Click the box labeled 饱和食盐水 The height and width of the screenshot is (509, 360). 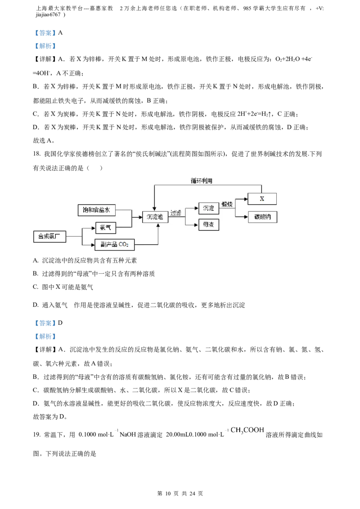click(97, 210)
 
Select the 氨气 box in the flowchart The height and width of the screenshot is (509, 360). click(106, 228)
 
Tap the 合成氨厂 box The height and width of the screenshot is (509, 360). click(49, 237)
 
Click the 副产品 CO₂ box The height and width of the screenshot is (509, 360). click(114, 245)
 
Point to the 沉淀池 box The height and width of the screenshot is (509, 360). click(155, 217)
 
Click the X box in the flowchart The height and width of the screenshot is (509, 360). click(262, 199)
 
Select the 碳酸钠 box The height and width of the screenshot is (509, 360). click(262, 217)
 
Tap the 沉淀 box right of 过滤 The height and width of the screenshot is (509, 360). click(208, 208)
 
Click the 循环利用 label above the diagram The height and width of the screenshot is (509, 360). click(202, 180)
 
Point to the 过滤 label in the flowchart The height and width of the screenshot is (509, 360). click(176, 213)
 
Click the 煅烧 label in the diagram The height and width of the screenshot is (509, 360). click(227, 204)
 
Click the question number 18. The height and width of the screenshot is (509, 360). click(37, 154)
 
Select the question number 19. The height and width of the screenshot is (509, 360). click(37, 435)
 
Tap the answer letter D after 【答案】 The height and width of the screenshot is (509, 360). click(60, 323)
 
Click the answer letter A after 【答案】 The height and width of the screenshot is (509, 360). click(60, 33)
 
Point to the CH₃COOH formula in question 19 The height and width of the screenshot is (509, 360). click(247, 430)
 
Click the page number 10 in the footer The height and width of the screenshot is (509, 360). click(168, 494)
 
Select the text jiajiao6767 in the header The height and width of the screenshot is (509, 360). click(48, 14)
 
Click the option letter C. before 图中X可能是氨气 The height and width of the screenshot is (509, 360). click(36, 287)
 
